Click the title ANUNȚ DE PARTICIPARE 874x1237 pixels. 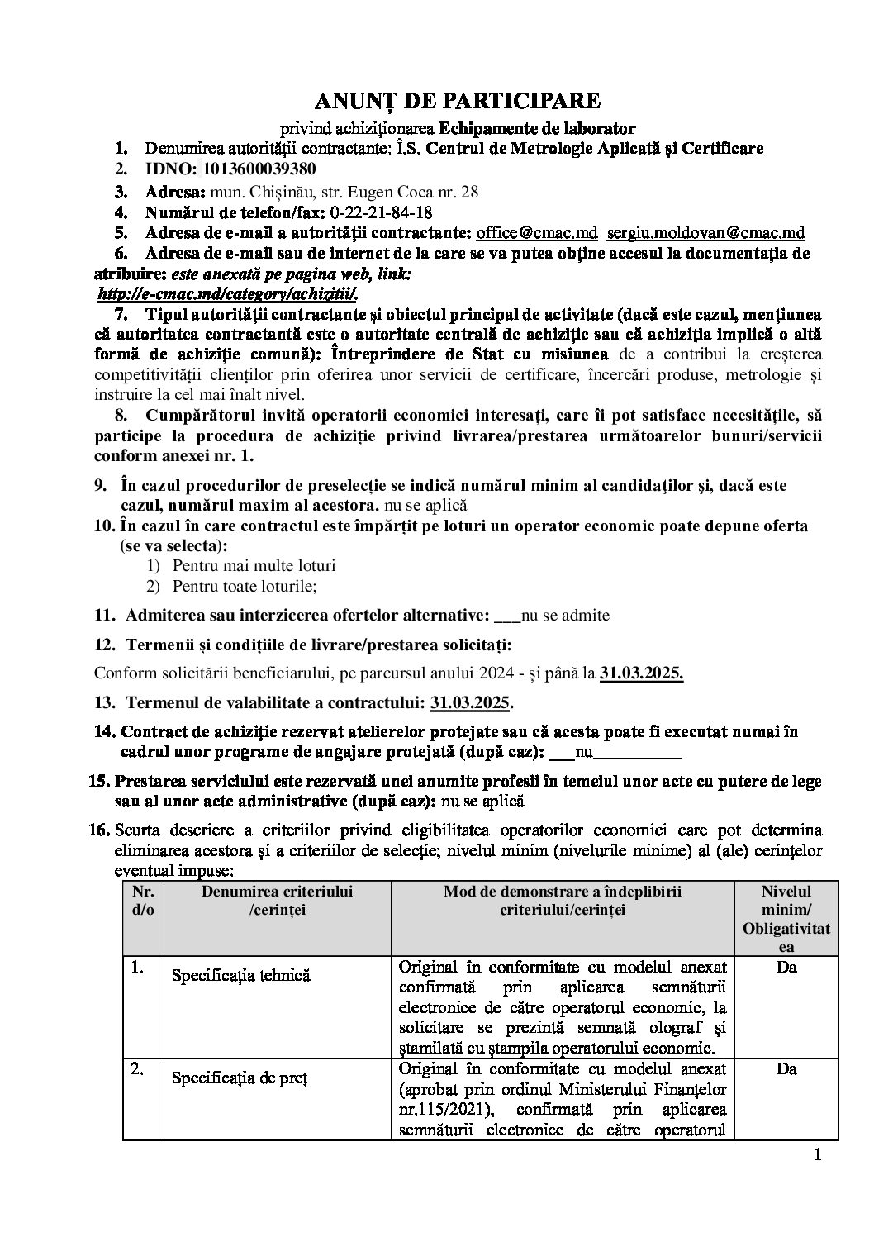pos(457,101)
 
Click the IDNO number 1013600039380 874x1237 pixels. pos(255,170)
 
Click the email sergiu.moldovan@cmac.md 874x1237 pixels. pos(711,233)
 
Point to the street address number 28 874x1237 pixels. pos(469,192)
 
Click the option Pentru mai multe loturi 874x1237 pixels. pos(254,566)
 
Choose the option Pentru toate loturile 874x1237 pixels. pos(245,586)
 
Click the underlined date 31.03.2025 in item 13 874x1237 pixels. pos(470,703)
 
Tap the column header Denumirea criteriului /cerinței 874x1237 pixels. pos(277,900)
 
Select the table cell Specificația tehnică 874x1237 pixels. pos(240,975)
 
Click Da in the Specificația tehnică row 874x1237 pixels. pos(786,967)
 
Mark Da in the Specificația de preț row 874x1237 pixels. pos(786,1069)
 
